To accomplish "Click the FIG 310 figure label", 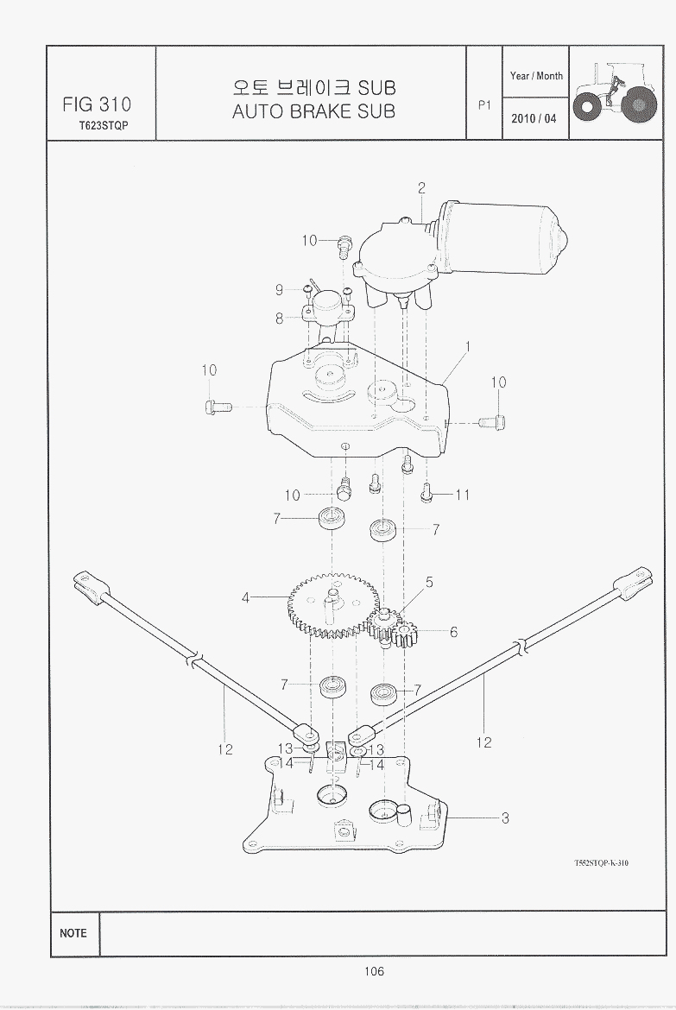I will click(x=97, y=104).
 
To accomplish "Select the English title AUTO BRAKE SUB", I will click(x=313, y=111).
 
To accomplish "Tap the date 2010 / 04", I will click(x=534, y=119).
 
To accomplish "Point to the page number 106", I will click(x=373, y=972).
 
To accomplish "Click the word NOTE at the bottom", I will click(x=73, y=933).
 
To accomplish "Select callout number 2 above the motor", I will click(x=421, y=188).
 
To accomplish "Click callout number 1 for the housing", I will click(x=467, y=346).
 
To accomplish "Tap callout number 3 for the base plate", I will click(x=505, y=818).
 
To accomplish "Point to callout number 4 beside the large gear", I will click(x=245, y=597).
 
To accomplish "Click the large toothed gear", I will click(x=328, y=604).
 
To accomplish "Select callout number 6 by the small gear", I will click(x=453, y=632).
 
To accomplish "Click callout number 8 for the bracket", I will click(x=280, y=318).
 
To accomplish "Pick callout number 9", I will click(x=279, y=289).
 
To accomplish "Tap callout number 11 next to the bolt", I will click(x=463, y=495).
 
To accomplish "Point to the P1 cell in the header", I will click(x=483, y=104).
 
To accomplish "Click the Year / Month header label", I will click(x=536, y=76).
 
